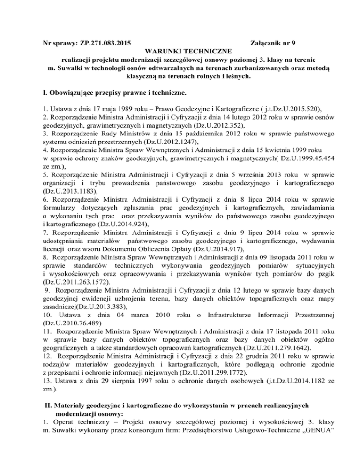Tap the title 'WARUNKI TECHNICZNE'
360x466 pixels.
180,52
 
